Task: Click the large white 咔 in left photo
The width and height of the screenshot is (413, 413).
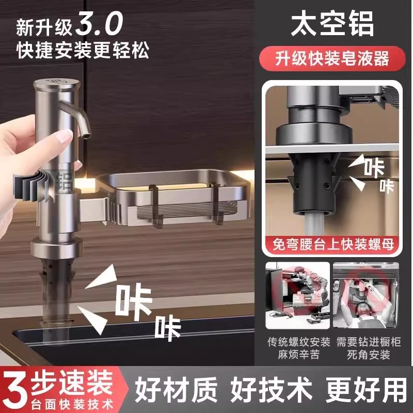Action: pyautogui.click(x=133, y=300)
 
